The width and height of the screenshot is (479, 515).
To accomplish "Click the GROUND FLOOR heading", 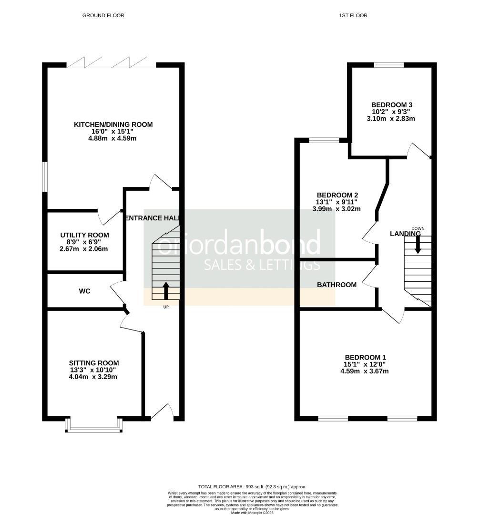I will (x=103, y=15).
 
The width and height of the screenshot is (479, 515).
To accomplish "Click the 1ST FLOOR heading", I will (x=353, y=15).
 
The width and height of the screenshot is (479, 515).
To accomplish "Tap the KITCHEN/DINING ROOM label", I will (x=113, y=124).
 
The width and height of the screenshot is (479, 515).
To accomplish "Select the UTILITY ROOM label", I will (x=84, y=235).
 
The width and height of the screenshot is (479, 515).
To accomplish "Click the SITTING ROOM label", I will (x=93, y=363).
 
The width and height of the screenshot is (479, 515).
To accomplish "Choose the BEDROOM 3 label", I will (x=392, y=105).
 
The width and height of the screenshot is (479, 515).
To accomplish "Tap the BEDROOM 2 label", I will (x=337, y=195).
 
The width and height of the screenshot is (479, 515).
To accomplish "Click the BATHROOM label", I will (x=337, y=285).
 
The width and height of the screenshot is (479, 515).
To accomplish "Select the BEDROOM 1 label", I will (x=366, y=357).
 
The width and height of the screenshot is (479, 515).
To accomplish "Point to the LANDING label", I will (x=405, y=234).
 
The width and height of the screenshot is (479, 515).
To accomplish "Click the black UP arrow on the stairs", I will (x=166, y=290).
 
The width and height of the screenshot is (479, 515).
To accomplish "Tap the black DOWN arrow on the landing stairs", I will (x=418, y=245).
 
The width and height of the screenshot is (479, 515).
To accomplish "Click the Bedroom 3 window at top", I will (x=389, y=65).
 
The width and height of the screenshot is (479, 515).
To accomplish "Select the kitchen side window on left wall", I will (x=45, y=177).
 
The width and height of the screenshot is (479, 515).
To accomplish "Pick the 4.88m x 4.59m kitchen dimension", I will (x=113, y=139).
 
